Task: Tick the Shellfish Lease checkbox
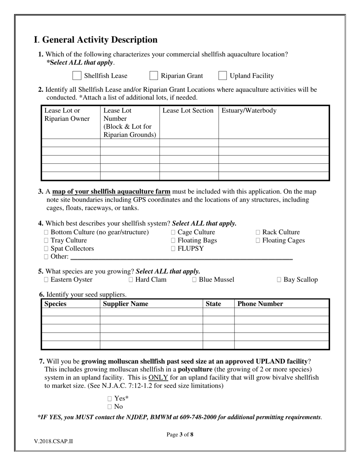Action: [77, 76]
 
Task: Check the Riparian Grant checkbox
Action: [153, 76]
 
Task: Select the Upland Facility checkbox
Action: [223, 76]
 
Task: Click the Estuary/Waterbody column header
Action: [249, 111]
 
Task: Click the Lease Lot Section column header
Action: [188, 111]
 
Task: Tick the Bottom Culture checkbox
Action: [46, 232]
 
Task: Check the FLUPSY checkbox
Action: [173, 249]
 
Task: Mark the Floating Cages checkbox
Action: [258, 241]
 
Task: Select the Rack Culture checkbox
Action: [258, 232]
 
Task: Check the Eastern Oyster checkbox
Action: [46, 280]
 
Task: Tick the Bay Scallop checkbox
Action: [279, 280]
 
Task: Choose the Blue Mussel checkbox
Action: [194, 280]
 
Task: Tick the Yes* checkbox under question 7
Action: [110, 399]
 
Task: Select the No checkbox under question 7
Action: [110, 407]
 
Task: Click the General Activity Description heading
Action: [95, 40]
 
